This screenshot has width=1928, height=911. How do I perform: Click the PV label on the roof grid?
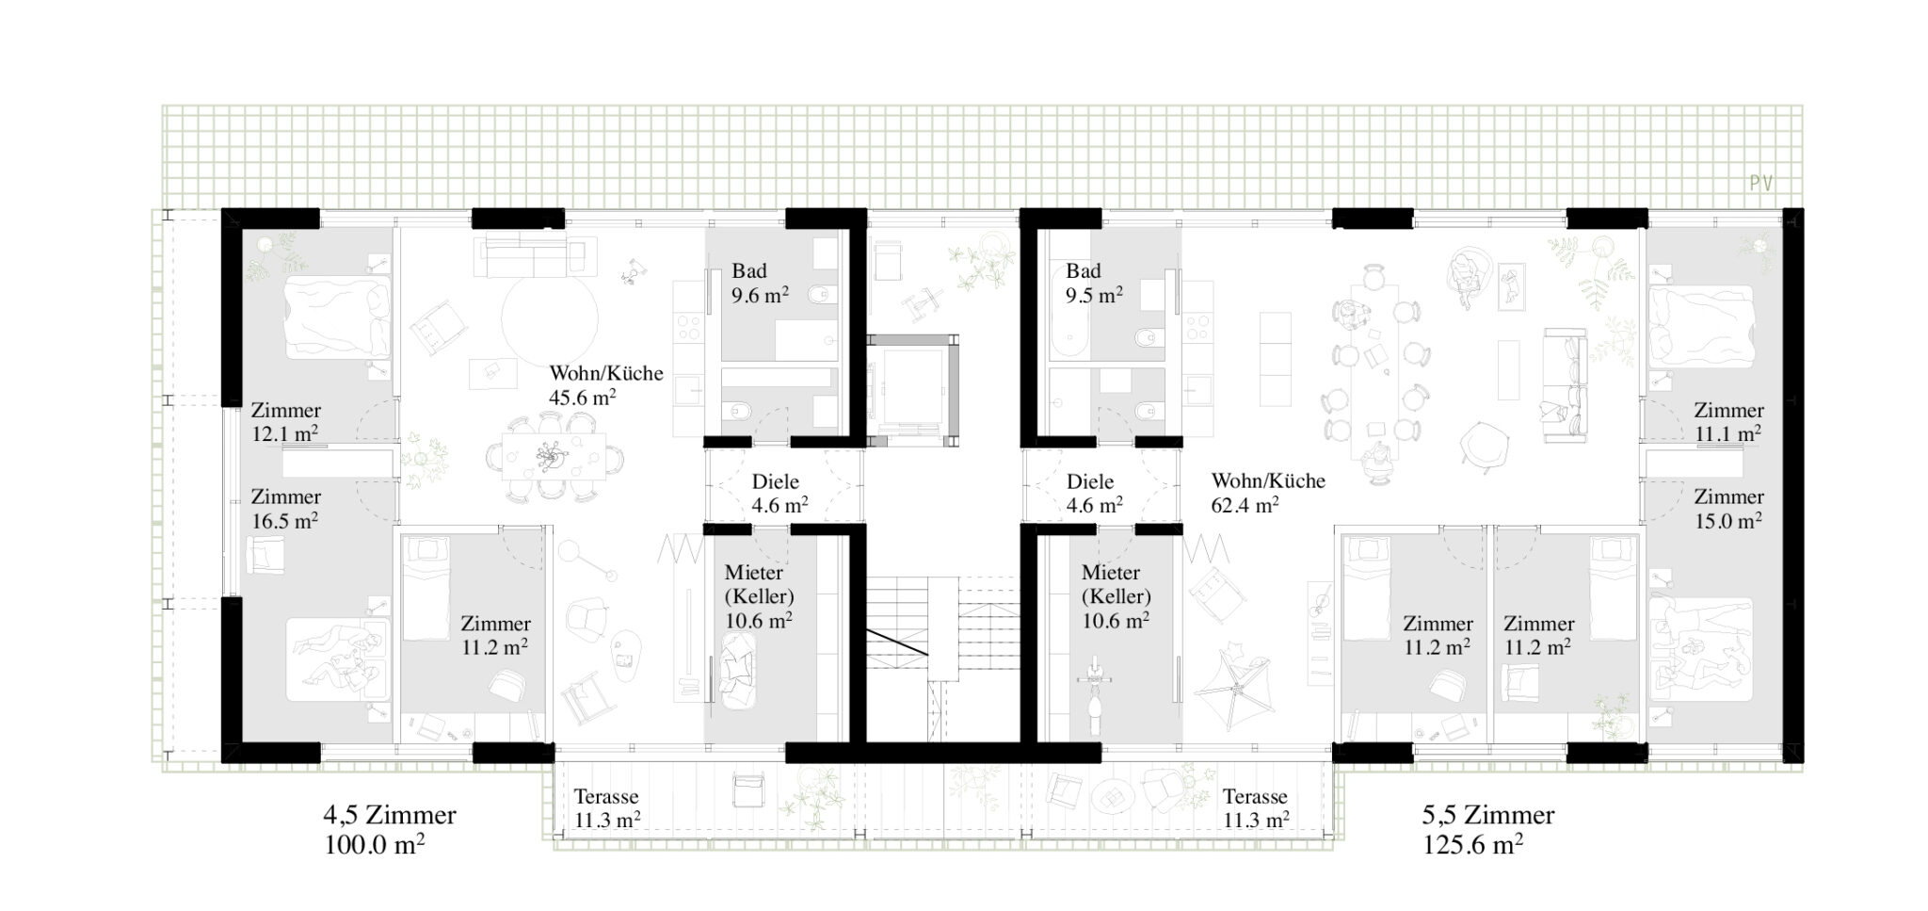click(1761, 183)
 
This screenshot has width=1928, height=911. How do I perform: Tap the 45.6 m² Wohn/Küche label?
click(606, 385)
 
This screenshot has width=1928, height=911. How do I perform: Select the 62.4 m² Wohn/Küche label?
click(1268, 493)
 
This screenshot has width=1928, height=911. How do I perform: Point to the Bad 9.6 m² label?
click(760, 283)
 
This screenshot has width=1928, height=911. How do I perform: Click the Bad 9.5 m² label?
click(1094, 283)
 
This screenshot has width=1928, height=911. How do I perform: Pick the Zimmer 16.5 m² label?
click(285, 508)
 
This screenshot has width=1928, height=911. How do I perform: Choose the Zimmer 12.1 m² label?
click(285, 422)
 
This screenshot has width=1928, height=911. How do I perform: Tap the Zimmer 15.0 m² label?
click(1728, 508)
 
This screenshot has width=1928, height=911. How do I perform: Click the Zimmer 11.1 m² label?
click(1728, 422)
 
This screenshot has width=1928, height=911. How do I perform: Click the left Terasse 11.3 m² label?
click(607, 808)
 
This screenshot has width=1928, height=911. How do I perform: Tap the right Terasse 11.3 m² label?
click(1256, 808)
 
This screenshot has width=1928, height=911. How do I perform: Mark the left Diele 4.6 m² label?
click(779, 493)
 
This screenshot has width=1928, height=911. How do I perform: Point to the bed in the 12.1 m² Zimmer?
click(337, 317)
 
